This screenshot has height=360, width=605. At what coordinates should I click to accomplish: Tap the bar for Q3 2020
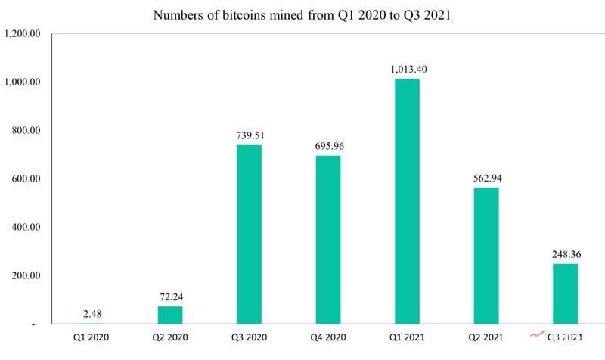250,234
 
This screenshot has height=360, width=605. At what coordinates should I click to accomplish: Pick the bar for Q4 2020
328,240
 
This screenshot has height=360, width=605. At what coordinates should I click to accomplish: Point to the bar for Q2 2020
170,315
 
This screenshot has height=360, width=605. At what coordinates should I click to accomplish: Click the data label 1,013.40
407,69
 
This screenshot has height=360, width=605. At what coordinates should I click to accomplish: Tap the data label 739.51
250,135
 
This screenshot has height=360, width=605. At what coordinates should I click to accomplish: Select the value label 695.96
328,146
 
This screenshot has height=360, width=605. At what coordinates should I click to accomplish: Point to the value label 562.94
486,178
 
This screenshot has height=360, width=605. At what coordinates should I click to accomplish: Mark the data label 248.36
565,254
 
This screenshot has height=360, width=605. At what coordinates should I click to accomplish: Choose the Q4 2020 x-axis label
328,337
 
